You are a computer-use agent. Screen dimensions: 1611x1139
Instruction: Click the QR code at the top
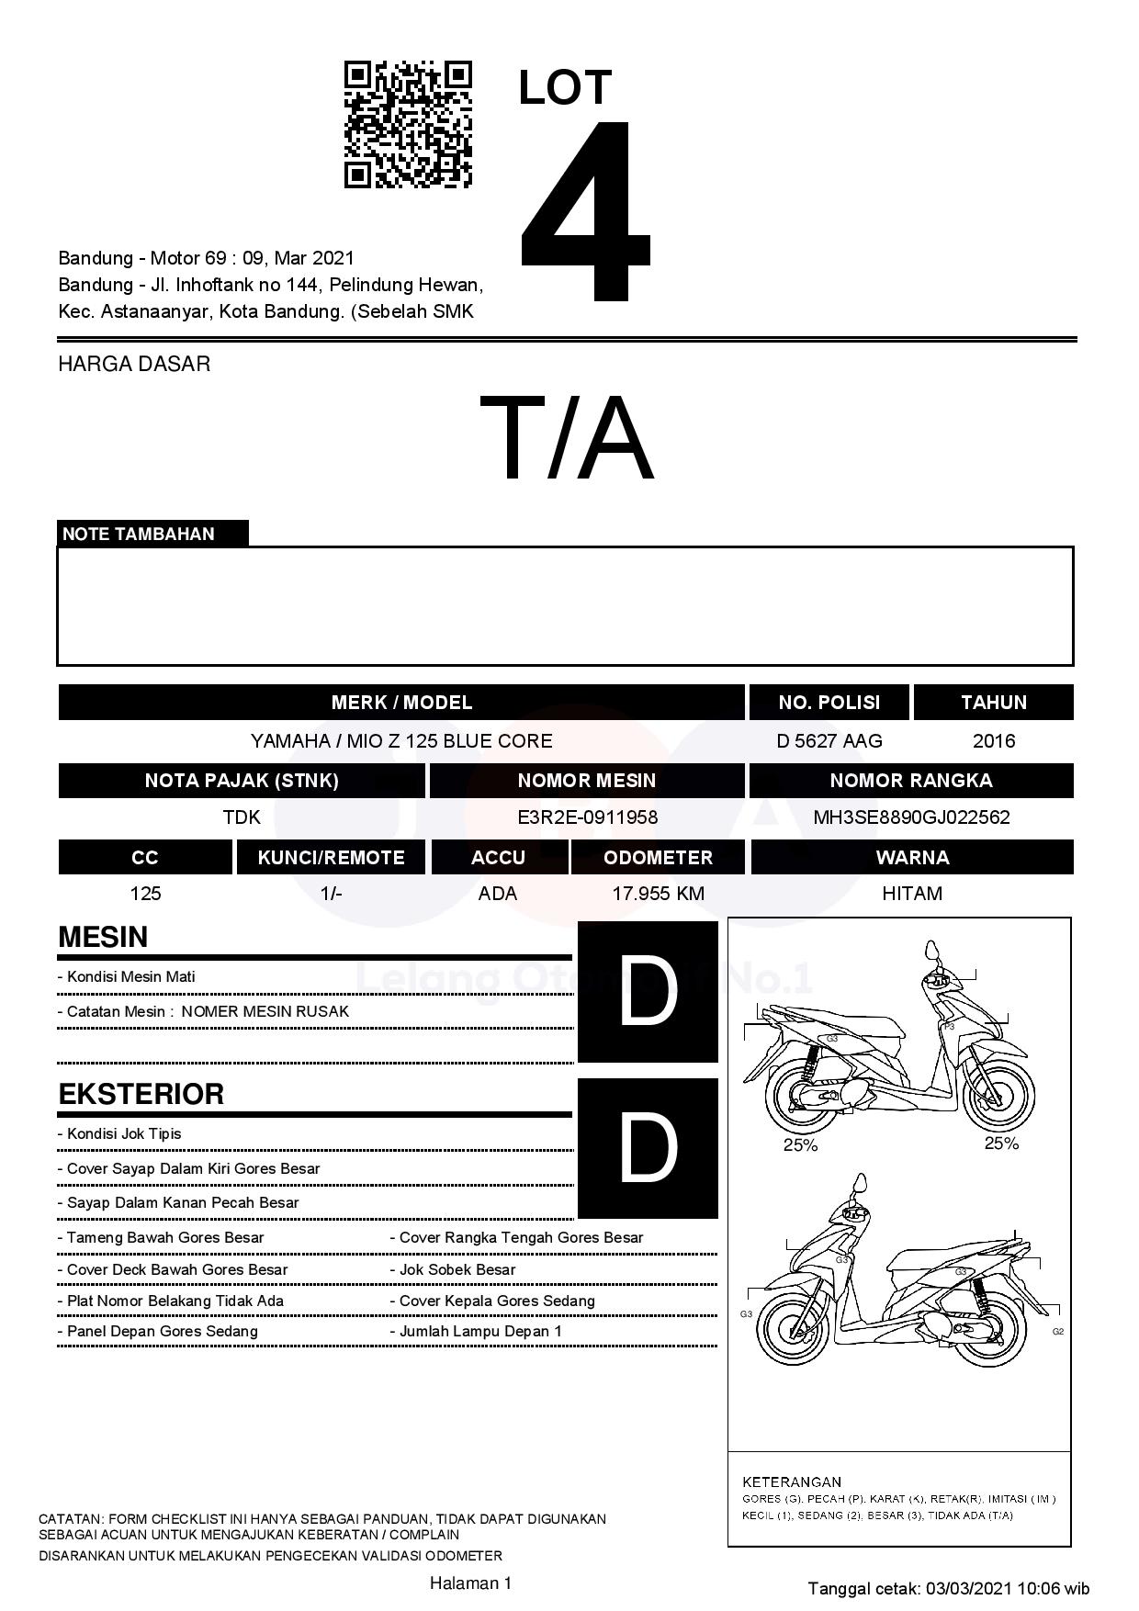point(408,125)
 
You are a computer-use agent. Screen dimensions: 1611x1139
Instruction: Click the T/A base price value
point(567,438)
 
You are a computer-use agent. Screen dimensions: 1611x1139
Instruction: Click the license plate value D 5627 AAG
point(829,741)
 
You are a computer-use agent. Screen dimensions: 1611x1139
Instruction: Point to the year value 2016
point(994,741)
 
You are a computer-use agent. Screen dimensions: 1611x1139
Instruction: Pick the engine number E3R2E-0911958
point(587,817)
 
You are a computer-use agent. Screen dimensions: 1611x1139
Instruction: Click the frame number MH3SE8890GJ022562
point(911,817)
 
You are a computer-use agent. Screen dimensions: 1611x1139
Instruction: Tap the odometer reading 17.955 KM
point(658,894)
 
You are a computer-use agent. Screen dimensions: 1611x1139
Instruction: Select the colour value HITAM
point(911,894)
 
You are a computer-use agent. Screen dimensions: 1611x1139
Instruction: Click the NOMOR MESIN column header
point(587,781)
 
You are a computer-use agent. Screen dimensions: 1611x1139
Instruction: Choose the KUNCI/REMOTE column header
point(331,858)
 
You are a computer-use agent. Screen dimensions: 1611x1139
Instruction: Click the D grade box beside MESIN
point(648,992)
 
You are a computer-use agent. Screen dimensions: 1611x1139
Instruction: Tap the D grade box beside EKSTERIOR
point(648,1148)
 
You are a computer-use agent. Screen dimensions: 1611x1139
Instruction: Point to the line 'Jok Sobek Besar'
point(457,1270)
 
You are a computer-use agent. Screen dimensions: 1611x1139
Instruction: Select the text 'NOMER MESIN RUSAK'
point(265,1012)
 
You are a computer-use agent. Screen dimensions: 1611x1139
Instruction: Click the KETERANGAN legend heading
point(792,1481)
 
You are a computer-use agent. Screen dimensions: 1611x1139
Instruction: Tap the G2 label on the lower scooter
point(1058,1332)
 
